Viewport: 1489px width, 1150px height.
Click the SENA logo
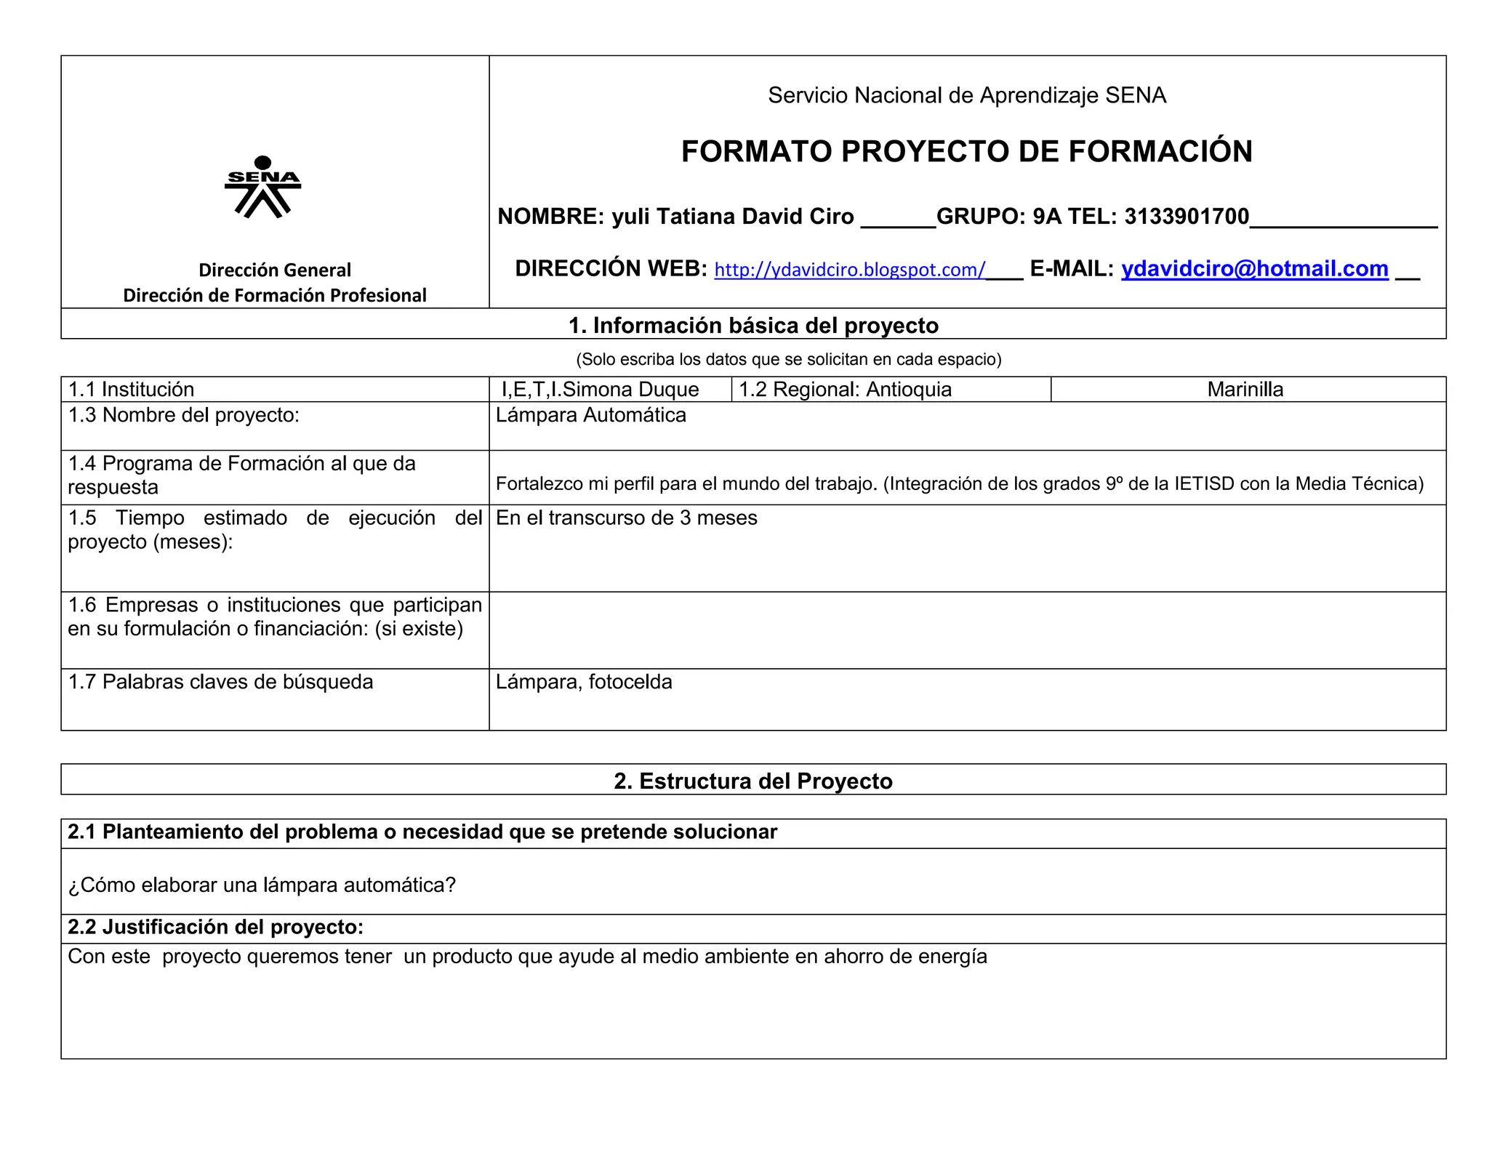click(263, 187)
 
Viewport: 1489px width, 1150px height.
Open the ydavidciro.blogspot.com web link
click(849, 270)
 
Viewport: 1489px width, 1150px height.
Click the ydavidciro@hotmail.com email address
click(1254, 269)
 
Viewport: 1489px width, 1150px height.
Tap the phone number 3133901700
click(1187, 217)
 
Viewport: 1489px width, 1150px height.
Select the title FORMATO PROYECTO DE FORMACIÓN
click(966, 151)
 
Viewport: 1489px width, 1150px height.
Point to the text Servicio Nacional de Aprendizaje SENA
click(966, 95)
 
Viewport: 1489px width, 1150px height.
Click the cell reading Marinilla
click(1245, 390)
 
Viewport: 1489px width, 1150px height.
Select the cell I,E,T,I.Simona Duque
click(600, 390)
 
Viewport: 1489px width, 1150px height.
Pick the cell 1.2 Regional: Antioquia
click(845, 390)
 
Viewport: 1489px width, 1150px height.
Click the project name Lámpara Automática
click(590, 415)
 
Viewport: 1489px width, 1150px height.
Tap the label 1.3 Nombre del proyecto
click(183, 415)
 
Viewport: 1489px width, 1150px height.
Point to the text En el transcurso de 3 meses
click(626, 518)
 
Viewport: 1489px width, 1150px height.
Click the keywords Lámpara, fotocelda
click(584, 682)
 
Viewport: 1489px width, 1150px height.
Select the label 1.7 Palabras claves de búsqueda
click(220, 682)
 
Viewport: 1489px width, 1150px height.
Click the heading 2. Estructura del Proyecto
click(752, 781)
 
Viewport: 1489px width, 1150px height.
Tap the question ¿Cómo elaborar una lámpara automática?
click(262, 885)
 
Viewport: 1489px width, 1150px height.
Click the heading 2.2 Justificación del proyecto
click(215, 927)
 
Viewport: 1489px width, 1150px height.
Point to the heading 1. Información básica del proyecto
click(753, 326)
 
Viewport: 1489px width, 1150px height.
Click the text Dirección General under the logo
click(275, 270)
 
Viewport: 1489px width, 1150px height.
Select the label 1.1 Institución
click(131, 390)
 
